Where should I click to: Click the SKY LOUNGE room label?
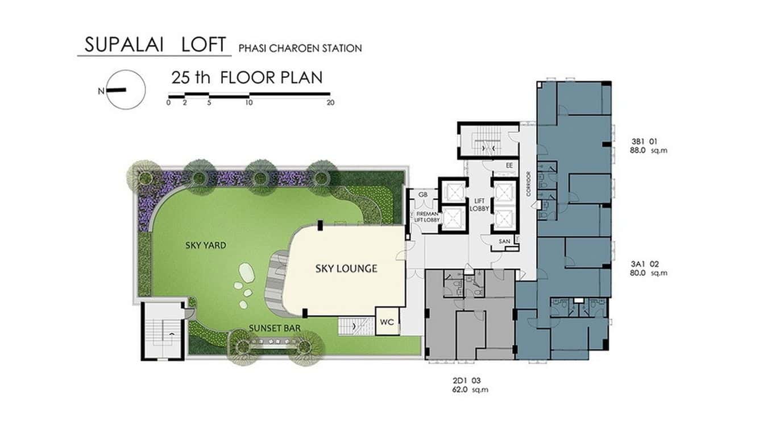click(x=346, y=269)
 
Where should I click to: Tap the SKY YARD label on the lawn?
click(x=206, y=245)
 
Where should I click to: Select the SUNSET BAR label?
click(x=275, y=328)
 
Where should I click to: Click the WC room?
click(x=387, y=322)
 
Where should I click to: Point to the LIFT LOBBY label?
click(x=479, y=204)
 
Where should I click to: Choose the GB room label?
click(x=422, y=195)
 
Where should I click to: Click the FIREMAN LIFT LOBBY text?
click(x=427, y=217)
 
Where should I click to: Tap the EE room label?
click(x=509, y=166)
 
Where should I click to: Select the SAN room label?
click(x=504, y=241)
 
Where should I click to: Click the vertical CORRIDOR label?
click(x=529, y=184)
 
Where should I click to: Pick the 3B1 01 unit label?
click(x=644, y=141)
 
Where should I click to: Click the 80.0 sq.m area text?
click(x=649, y=273)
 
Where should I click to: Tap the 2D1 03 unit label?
click(x=467, y=381)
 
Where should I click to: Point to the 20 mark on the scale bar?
click(x=330, y=102)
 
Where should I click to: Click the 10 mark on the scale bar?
click(x=250, y=102)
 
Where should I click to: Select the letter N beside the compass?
click(x=101, y=92)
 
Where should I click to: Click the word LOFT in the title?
click(x=204, y=44)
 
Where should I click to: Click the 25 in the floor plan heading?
click(x=181, y=78)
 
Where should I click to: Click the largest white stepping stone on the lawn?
click(x=247, y=273)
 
